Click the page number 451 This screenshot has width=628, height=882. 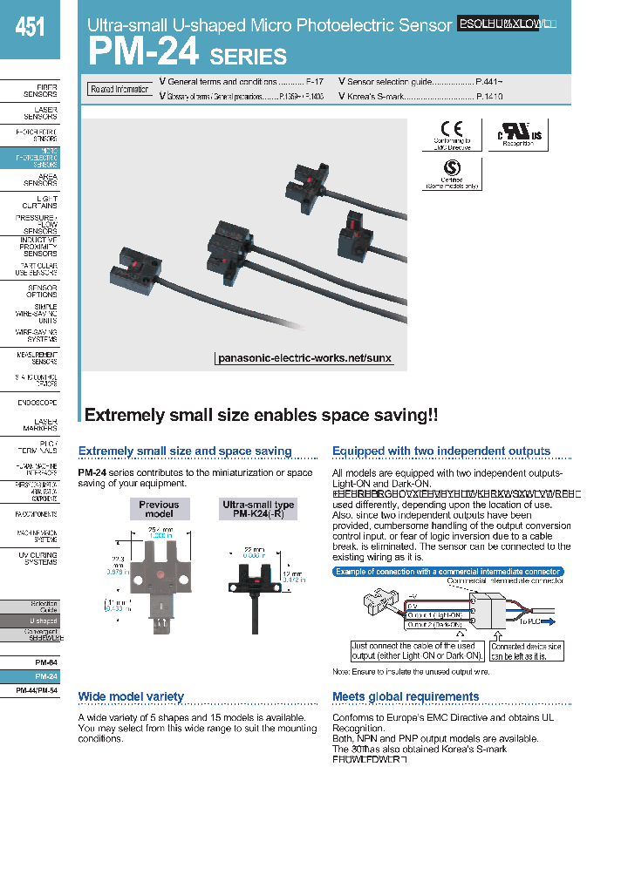(x=30, y=28)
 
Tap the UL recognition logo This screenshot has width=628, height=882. (x=519, y=134)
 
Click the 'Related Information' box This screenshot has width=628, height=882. (x=119, y=89)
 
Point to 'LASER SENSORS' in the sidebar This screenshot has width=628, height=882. (x=40, y=112)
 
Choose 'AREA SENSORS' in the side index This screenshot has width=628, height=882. (x=40, y=180)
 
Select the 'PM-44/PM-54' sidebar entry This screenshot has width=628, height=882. (x=38, y=690)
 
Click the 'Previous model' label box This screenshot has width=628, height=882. (x=159, y=509)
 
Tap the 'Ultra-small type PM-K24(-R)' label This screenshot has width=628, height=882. (x=258, y=509)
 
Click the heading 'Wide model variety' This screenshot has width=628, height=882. (x=131, y=696)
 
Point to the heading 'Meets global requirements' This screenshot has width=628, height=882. (x=406, y=696)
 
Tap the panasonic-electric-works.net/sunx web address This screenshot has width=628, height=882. (x=304, y=358)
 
